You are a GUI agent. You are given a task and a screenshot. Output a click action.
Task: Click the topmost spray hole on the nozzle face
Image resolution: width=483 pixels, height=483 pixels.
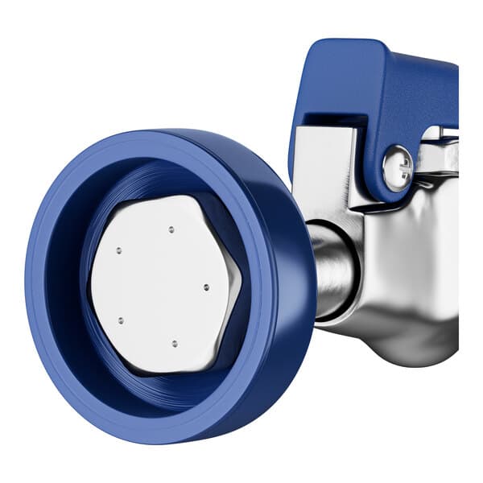171,230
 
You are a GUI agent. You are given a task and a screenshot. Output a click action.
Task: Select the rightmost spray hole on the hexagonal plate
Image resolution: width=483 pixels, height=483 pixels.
205,287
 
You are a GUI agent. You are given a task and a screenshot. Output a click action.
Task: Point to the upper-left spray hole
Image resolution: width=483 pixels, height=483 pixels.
118,250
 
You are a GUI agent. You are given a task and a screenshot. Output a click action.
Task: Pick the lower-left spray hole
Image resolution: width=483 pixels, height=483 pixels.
121,320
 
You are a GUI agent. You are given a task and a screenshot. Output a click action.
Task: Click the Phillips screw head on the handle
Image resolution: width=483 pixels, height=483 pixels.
397,167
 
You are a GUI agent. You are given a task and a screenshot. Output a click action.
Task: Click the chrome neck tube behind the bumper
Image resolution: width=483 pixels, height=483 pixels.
332,270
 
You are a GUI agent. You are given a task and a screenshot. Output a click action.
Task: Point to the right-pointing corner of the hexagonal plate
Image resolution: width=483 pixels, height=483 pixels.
241,283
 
